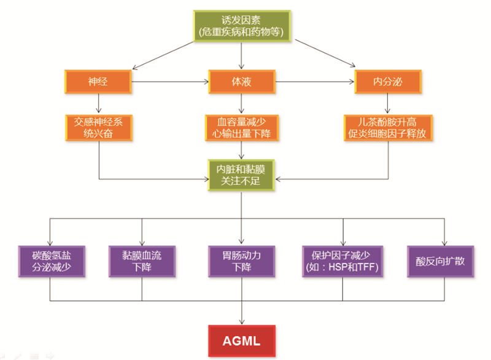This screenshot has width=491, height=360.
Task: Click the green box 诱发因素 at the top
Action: (x=242, y=26)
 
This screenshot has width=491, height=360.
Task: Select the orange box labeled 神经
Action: (x=98, y=81)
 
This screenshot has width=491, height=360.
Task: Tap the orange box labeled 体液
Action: (x=242, y=81)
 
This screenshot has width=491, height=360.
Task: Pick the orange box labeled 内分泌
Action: (x=387, y=81)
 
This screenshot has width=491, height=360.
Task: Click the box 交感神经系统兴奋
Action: (x=98, y=127)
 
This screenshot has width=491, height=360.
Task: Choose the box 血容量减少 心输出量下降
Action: (x=242, y=127)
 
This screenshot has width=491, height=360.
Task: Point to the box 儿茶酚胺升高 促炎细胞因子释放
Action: (x=387, y=127)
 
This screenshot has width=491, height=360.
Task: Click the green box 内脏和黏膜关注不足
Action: (x=242, y=174)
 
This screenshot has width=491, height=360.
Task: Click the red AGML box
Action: (x=242, y=339)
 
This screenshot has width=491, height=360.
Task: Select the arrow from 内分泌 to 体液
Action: (x=315, y=81)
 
